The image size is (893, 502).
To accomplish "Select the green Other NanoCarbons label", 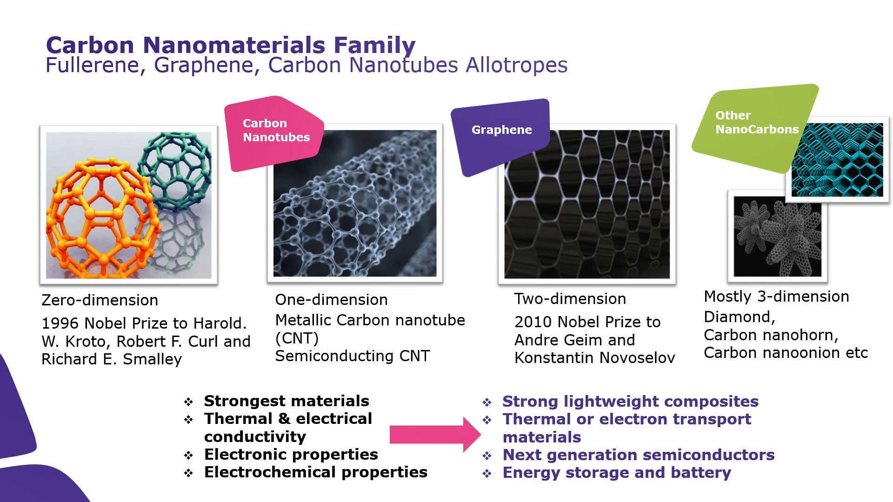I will click(x=753, y=123).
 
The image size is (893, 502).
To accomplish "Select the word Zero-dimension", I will click(x=100, y=300).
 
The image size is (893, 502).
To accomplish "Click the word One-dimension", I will click(x=331, y=300).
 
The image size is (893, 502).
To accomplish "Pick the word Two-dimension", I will click(x=570, y=299).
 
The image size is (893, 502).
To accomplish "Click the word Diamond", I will click(x=738, y=317).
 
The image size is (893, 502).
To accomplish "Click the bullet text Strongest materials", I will click(x=287, y=401).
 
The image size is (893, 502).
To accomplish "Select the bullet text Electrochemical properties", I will click(x=315, y=472).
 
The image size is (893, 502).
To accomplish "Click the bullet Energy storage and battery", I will click(x=617, y=473).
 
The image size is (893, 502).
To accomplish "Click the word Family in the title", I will click(x=374, y=46).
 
